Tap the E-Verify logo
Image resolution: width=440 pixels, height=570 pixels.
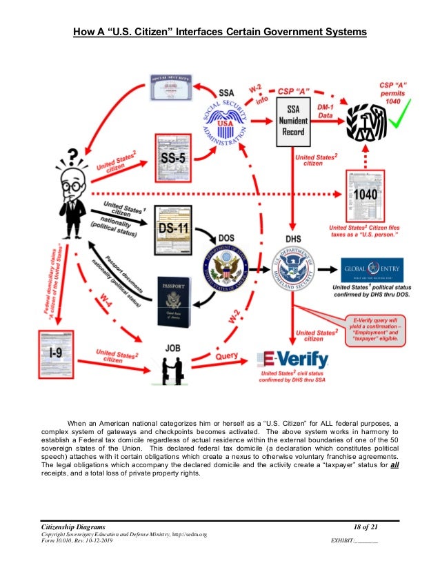(292, 359)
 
